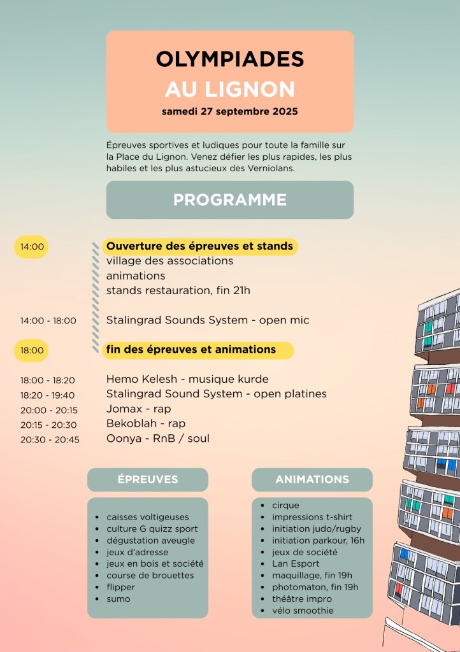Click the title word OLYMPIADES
(229, 59)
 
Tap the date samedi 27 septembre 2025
(229, 111)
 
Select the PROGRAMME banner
(229, 200)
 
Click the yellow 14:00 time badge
(32, 246)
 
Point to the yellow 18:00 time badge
(32, 350)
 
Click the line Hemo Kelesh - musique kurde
(187, 379)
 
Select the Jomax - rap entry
(138, 409)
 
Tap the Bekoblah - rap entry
(146, 423)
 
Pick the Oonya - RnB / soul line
(157, 438)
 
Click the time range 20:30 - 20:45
(50, 439)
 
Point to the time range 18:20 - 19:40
(47, 395)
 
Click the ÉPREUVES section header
(148, 479)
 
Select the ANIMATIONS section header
(312, 479)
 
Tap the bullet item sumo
(119, 599)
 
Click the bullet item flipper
(121, 587)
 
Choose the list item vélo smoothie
(303, 611)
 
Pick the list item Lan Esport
(296, 563)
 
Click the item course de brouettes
(150, 576)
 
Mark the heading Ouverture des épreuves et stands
(199, 246)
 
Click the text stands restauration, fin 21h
(178, 290)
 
